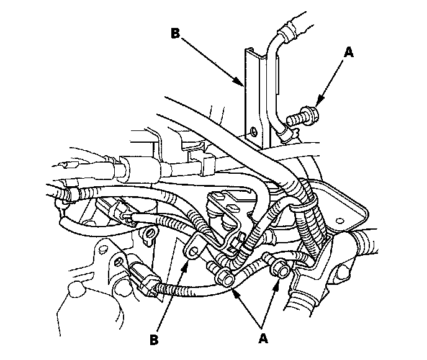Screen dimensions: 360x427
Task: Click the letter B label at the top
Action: tap(176, 34)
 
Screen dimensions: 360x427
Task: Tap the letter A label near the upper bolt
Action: tap(349, 53)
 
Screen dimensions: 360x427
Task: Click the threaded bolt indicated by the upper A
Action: tap(304, 115)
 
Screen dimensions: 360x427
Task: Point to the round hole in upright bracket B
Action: tap(253, 132)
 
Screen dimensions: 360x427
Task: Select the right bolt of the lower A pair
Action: tap(279, 268)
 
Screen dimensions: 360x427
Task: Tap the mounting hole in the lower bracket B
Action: tap(192, 251)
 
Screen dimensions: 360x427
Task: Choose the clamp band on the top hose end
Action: tap(287, 30)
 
